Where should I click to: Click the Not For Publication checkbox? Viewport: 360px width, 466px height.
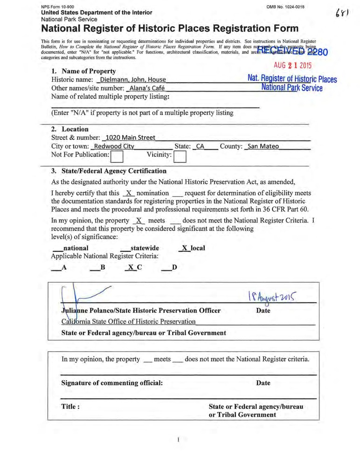[x=117, y=157]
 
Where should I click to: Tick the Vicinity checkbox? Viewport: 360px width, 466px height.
[x=180, y=157]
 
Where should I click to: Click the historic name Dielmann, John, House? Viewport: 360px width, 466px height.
[x=133, y=80]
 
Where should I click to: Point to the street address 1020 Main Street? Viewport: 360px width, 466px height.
[x=130, y=138]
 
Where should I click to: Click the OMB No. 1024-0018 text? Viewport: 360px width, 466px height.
[x=290, y=6]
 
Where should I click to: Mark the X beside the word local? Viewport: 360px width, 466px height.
[x=186, y=248]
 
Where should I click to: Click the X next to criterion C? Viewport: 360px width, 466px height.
[x=131, y=268]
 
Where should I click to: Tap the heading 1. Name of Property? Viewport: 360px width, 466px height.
[x=83, y=71]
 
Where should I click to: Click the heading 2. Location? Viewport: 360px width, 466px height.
[x=69, y=129]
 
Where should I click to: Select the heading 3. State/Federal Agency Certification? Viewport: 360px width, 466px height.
[x=108, y=171]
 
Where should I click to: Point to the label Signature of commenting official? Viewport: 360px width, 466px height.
[x=112, y=383]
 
